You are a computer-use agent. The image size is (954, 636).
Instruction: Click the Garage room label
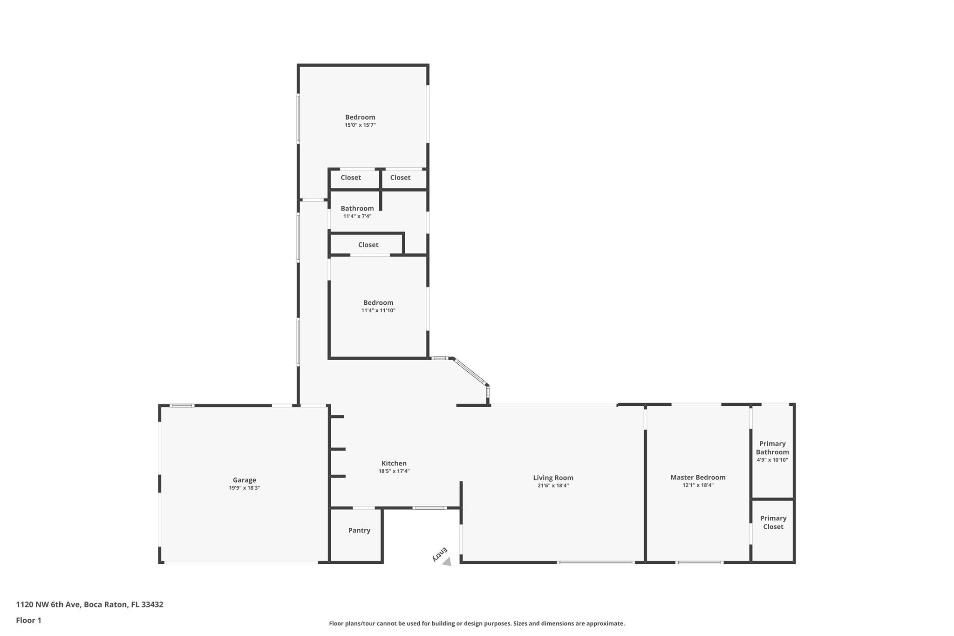click(x=245, y=480)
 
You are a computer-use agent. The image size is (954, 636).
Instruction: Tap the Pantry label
click(x=359, y=530)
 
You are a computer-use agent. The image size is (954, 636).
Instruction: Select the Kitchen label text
click(x=394, y=463)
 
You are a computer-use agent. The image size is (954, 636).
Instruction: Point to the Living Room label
click(x=553, y=478)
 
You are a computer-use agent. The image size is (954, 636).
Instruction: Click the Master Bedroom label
click(x=698, y=477)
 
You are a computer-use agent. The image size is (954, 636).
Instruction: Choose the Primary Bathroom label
click(x=772, y=448)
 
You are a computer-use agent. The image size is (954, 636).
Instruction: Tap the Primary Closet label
click(x=773, y=522)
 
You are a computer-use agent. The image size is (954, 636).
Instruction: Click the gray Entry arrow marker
click(x=447, y=562)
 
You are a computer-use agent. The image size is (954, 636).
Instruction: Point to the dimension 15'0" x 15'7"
click(x=360, y=125)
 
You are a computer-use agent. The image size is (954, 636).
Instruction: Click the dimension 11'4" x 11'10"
click(x=378, y=310)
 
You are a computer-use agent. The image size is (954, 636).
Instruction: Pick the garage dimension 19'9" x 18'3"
click(x=245, y=488)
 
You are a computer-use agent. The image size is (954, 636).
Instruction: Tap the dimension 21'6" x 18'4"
click(x=553, y=486)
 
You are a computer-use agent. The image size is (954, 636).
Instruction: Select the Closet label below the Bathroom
click(x=368, y=245)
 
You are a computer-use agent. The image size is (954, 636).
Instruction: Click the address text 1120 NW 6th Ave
click(x=49, y=604)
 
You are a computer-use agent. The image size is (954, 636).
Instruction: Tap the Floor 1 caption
click(x=28, y=620)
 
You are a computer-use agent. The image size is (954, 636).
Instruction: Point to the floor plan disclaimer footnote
click(x=477, y=623)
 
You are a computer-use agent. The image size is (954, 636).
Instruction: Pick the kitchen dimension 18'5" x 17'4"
click(x=394, y=471)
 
